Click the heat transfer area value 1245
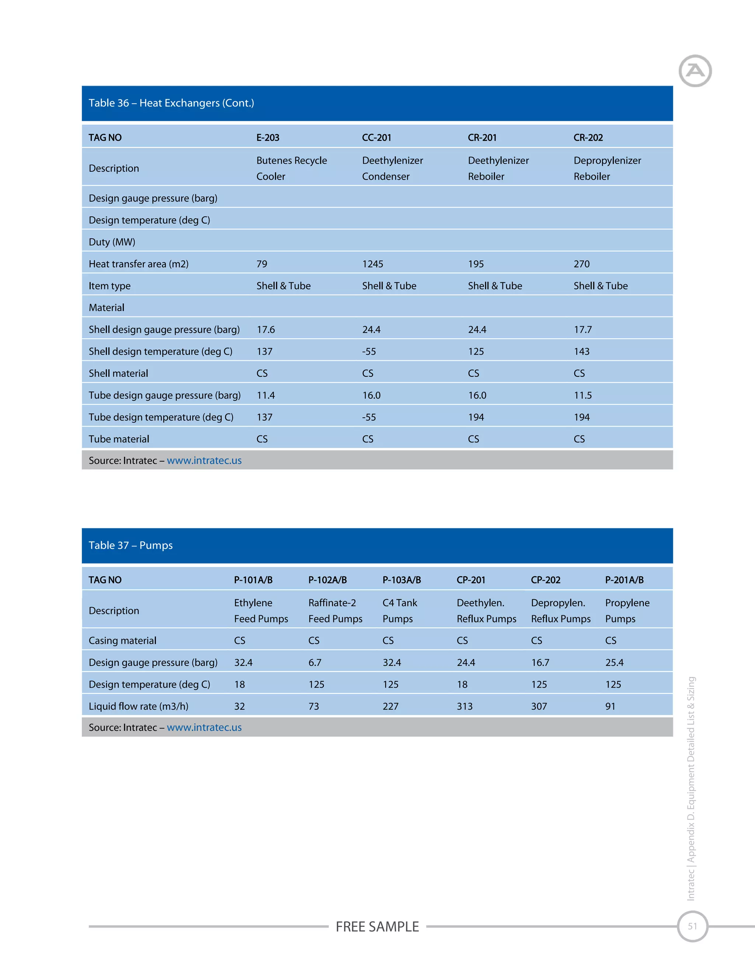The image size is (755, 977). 373,264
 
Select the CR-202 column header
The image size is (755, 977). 588,138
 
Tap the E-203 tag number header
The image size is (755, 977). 268,138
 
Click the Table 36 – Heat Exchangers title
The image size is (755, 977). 171,103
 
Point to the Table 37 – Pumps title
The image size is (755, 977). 131,545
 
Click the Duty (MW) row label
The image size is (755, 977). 112,242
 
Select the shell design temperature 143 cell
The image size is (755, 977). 581,352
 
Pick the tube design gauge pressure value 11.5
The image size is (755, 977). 582,396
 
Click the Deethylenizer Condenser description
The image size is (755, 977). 392,168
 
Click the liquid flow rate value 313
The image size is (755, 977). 464,706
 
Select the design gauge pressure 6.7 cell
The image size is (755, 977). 314,663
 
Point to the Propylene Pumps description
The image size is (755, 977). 627,611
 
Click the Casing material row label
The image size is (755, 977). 122,641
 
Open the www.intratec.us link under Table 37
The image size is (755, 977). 204,727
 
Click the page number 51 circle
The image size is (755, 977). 692,926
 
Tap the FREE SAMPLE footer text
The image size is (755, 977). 377,926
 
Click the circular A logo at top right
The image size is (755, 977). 695,71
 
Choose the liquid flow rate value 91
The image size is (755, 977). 610,706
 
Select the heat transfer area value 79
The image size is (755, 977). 262,264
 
